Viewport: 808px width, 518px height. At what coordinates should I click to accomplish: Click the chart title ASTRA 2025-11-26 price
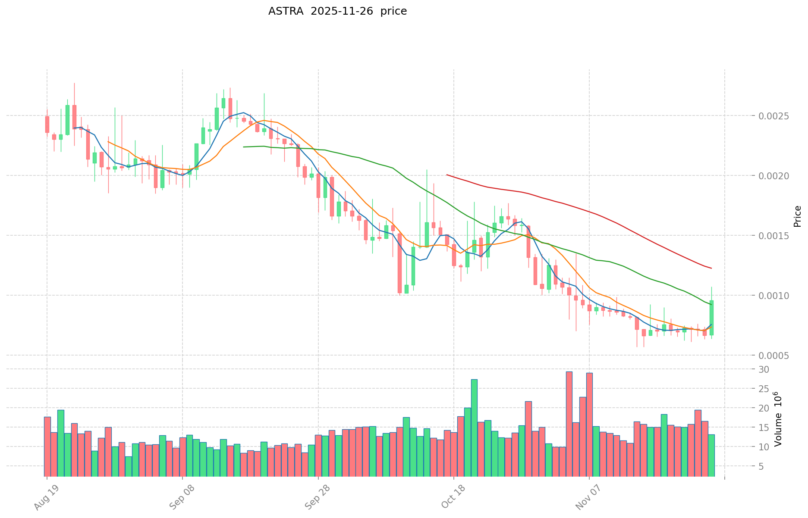click(337, 11)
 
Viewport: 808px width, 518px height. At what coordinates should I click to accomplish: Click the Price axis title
click(797, 216)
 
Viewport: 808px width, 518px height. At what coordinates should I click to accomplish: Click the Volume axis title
click(778, 419)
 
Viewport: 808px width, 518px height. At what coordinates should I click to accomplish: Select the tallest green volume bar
click(474, 428)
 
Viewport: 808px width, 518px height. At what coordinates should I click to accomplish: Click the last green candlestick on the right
click(711, 318)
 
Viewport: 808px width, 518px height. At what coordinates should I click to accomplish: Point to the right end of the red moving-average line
click(711, 268)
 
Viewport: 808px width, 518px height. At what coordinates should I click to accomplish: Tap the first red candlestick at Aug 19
click(47, 124)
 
